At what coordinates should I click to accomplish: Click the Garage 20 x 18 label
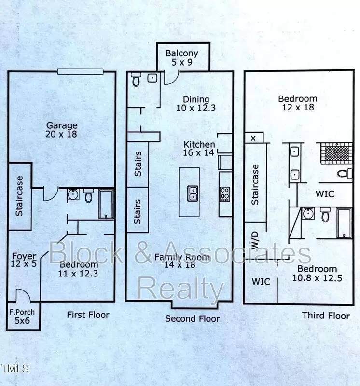(62, 130)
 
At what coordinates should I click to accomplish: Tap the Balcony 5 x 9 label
(182, 57)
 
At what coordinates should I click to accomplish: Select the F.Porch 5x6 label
(22, 317)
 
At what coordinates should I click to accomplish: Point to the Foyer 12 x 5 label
(24, 260)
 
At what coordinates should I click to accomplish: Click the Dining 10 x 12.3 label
(196, 104)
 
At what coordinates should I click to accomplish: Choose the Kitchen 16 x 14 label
(199, 149)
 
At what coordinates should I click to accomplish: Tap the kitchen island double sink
(193, 193)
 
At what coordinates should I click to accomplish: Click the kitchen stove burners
(224, 194)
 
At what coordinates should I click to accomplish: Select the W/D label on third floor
(255, 240)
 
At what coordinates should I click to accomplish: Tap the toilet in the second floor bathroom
(136, 79)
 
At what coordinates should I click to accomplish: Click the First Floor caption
(88, 315)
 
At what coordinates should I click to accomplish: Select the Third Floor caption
(326, 316)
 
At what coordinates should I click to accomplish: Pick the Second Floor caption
(193, 318)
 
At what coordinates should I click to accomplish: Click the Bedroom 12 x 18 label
(298, 103)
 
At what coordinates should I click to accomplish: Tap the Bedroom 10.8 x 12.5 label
(317, 273)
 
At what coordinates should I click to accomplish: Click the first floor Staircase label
(19, 196)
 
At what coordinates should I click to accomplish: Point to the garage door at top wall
(80, 71)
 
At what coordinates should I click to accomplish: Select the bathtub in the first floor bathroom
(106, 204)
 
